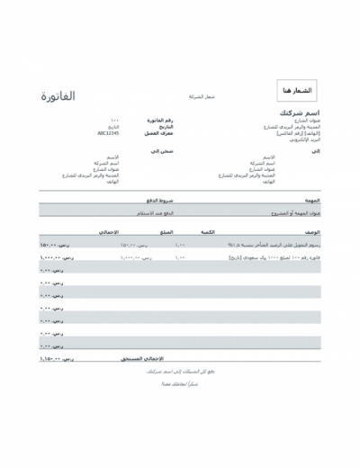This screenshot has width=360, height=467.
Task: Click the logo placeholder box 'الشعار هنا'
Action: click(297, 91)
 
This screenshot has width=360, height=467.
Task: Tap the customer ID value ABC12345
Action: click(108, 132)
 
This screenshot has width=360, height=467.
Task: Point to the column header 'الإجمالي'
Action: click(109, 232)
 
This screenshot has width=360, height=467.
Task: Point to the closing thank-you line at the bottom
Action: click(179, 384)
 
